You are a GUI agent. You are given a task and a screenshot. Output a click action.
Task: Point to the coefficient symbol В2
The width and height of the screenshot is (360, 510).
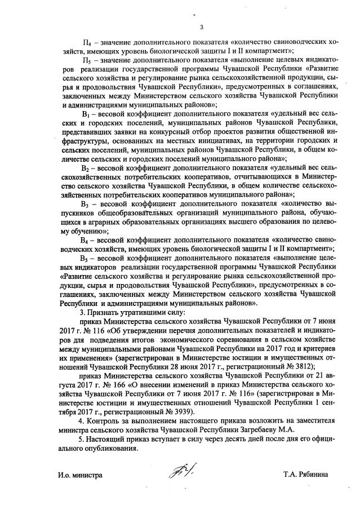click(x=86, y=167)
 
